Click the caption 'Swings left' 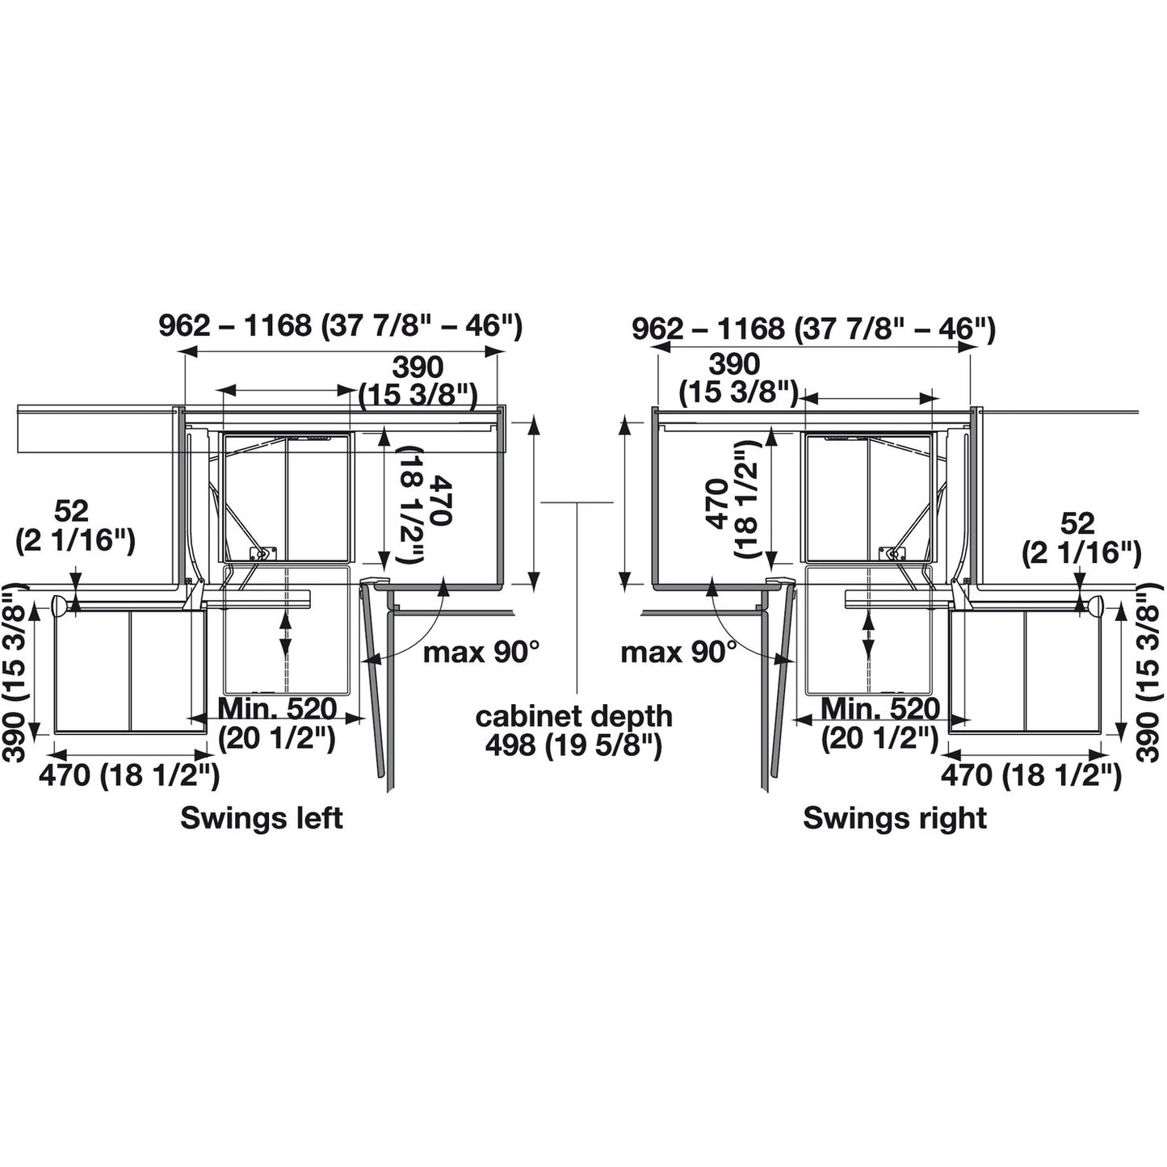click(x=261, y=818)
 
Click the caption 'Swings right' click(x=894, y=818)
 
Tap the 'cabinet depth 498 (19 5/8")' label click(x=573, y=730)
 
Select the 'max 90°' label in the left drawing click(x=481, y=651)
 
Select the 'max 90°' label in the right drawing click(x=678, y=651)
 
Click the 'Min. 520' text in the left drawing click(x=277, y=709)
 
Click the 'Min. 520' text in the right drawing click(x=880, y=709)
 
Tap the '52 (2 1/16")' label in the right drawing click(x=1081, y=538)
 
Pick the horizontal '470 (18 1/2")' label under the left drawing click(x=129, y=775)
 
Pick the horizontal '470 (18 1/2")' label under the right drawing click(x=1031, y=775)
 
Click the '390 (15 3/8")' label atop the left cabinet click(x=418, y=380)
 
